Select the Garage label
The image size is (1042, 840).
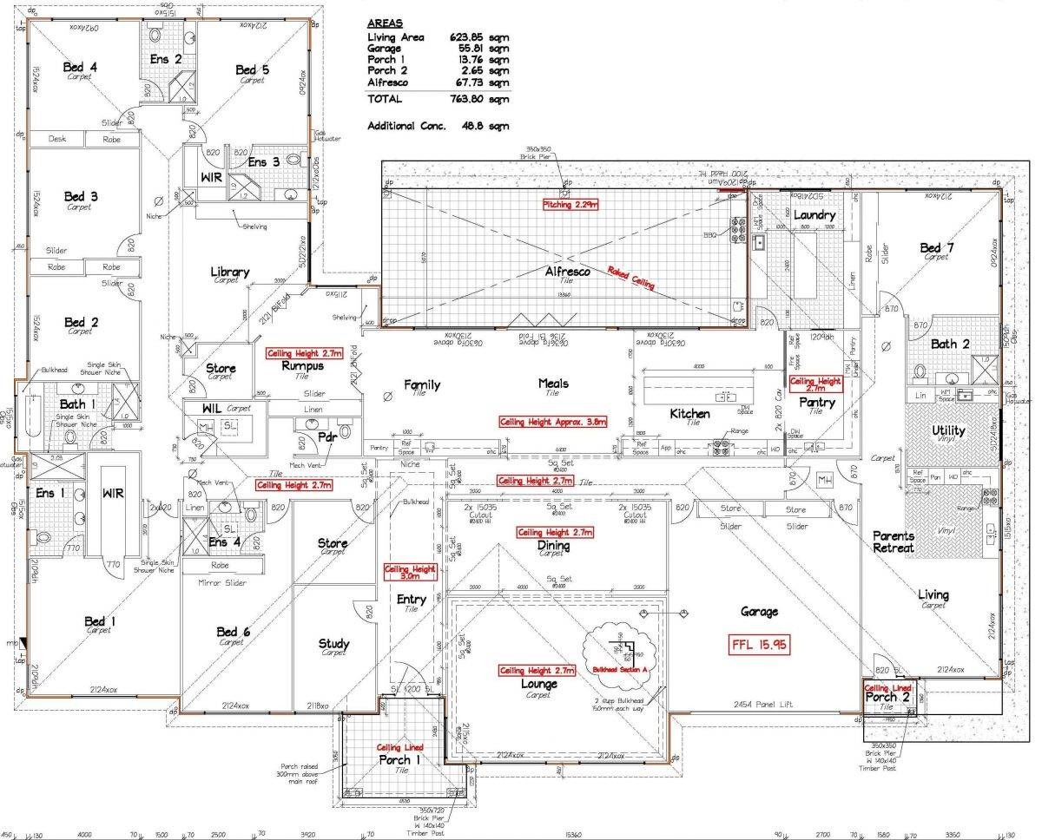pyautogui.click(x=758, y=612)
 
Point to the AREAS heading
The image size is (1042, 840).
pyautogui.click(x=386, y=23)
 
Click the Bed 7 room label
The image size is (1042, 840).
pyautogui.click(x=937, y=249)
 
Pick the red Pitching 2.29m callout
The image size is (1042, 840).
pyautogui.click(x=571, y=204)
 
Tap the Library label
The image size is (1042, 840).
pyautogui.click(x=230, y=272)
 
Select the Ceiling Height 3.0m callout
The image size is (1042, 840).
pyautogui.click(x=410, y=573)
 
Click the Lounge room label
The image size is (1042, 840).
pyautogui.click(x=539, y=684)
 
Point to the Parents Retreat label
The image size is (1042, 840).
pyautogui.click(x=894, y=541)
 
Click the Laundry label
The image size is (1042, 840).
pyautogui.click(x=814, y=214)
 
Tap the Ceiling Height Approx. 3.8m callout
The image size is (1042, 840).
pyautogui.click(x=552, y=422)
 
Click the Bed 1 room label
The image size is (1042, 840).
pyautogui.click(x=96, y=621)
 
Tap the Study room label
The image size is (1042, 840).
pyautogui.click(x=333, y=644)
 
